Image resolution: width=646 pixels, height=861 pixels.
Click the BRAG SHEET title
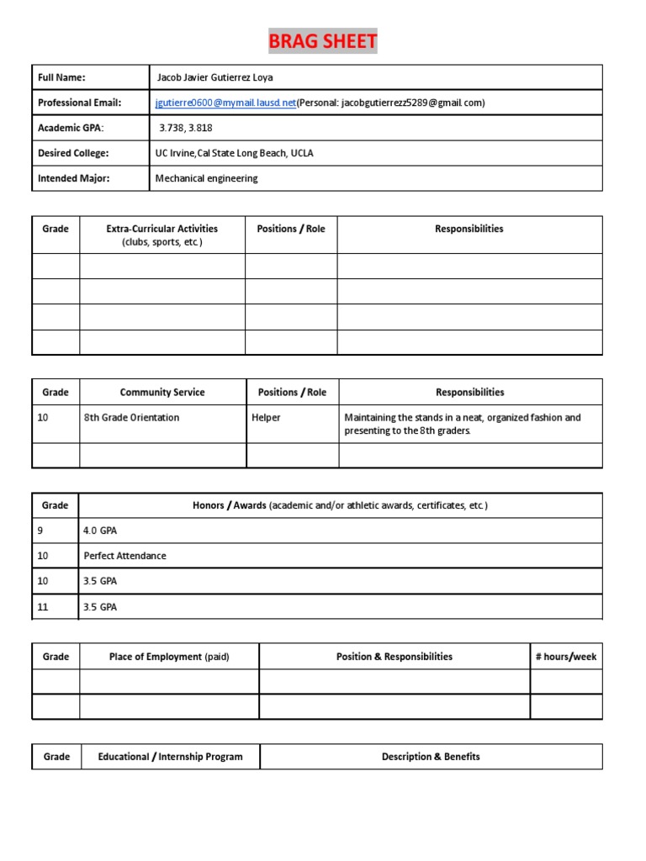(323, 41)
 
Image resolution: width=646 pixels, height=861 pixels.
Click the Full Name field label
(62, 77)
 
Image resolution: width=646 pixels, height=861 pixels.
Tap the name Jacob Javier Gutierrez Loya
(215, 77)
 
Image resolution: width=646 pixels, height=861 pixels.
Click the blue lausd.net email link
(225, 103)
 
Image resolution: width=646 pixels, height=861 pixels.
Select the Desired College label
(74, 153)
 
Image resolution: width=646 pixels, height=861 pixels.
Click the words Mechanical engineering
(207, 178)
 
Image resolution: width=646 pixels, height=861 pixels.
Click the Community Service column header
(162, 392)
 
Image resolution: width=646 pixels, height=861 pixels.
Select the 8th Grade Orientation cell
(131, 417)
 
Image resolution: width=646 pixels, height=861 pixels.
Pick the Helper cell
(266, 417)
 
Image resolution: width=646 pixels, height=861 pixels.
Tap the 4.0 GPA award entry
(99, 531)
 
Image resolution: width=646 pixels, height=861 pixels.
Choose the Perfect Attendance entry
(124, 556)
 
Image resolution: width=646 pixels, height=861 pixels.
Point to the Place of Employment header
(169, 657)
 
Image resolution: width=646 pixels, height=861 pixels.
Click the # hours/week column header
(565, 657)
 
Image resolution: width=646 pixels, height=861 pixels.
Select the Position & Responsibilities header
(394, 657)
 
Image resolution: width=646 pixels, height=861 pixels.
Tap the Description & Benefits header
(431, 757)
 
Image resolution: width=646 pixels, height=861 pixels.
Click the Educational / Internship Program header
(170, 757)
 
